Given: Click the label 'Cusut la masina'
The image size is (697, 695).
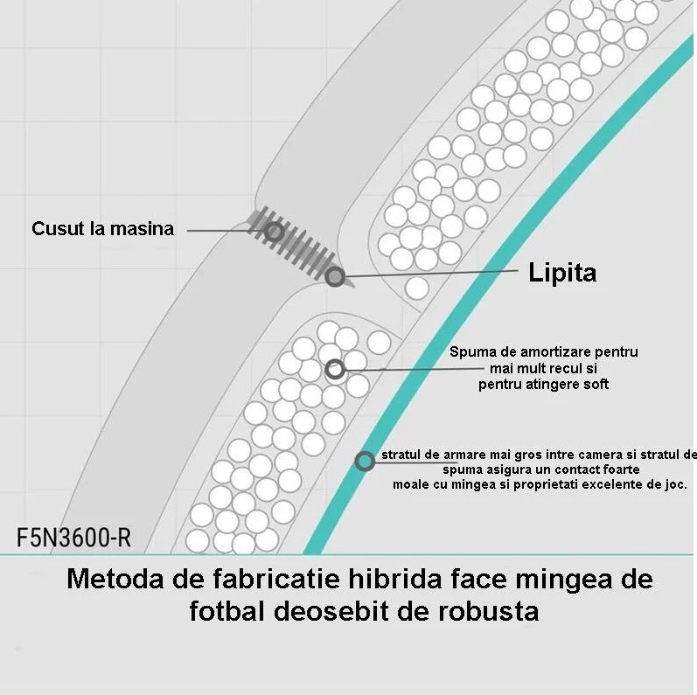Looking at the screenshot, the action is [102, 229].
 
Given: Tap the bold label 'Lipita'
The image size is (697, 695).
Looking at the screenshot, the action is [562, 272].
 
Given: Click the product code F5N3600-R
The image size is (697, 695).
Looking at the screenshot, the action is [73, 538].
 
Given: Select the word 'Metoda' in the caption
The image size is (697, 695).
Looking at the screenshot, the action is [115, 579].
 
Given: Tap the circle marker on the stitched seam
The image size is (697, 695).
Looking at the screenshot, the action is [275, 232].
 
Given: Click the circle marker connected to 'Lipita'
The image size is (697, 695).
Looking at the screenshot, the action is [335, 277].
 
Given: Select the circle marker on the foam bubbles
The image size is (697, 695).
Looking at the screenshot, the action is [335, 369].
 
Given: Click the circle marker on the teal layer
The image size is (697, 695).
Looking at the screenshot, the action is [365, 462].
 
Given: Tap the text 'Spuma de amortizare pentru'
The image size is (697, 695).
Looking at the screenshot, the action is [544, 352].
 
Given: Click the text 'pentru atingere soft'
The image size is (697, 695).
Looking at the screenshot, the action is [543, 384].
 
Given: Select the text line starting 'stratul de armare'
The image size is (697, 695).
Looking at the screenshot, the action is [539, 455].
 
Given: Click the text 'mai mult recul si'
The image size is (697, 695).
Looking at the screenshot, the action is [543, 368].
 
